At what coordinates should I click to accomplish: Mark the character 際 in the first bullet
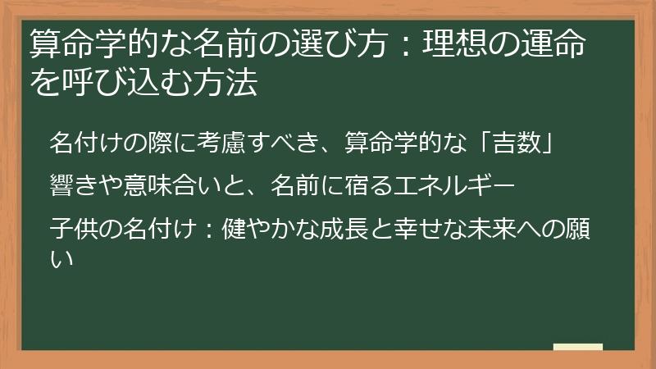click(163, 141)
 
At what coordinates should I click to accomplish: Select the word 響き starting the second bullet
click(73, 182)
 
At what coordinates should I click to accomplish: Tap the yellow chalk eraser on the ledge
click(578, 348)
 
